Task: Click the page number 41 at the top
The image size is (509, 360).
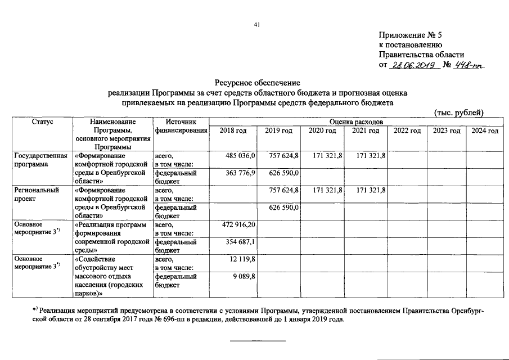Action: tap(256, 24)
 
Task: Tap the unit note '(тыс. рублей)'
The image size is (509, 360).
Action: tap(459, 112)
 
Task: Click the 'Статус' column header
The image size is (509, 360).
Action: tap(42, 121)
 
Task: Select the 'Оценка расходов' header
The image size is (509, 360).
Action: tap(356, 121)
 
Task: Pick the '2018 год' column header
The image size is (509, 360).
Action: tap(233, 130)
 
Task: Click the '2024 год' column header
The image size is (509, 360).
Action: tap(485, 130)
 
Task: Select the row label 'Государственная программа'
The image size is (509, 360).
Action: tap(41, 160)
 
